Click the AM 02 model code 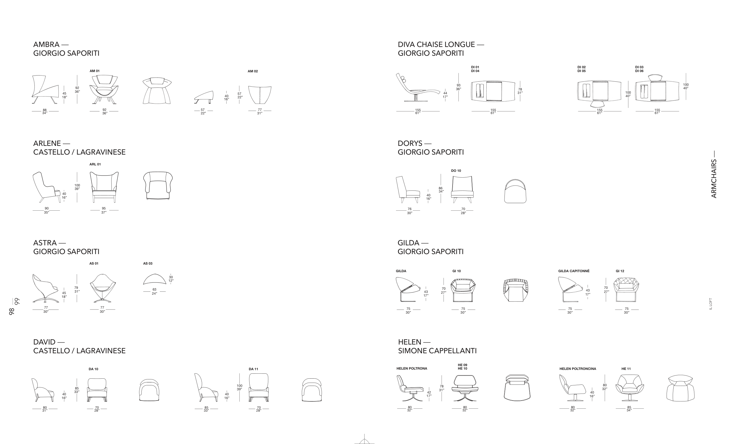(x=253, y=71)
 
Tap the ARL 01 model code (x=95, y=164)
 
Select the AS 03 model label (x=148, y=263)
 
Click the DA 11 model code (x=253, y=369)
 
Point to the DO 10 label (x=456, y=171)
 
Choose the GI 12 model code (x=620, y=271)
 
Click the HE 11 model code (x=626, y=369)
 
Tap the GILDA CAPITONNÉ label (x=574, y=271)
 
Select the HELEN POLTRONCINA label (x=578, y=369)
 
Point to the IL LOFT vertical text (x=711, y=304)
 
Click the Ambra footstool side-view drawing (x=204, y=97)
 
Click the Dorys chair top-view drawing (x=515, y=191)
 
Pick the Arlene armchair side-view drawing (x=47, y=187)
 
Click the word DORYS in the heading (x=410, y=144)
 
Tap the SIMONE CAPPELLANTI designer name (x=437, y=351)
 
